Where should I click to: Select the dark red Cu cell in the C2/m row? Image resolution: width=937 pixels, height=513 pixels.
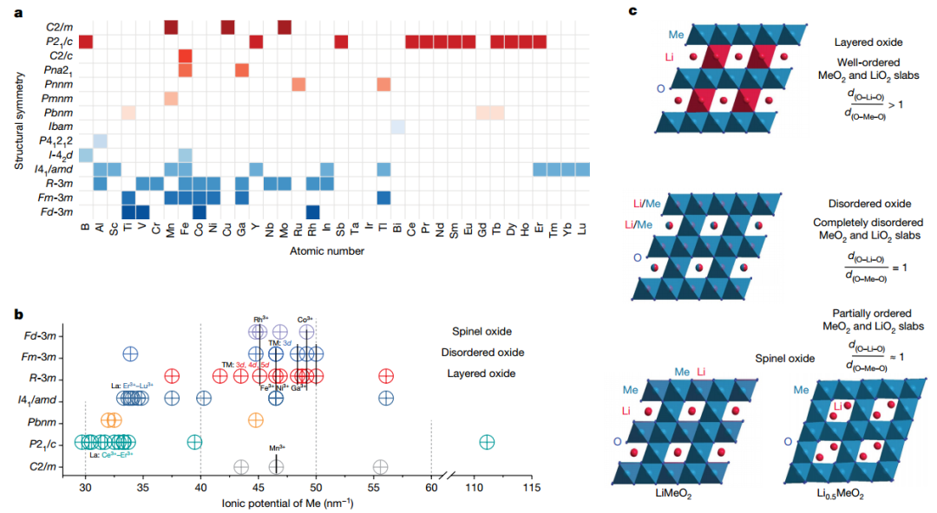pos(227,27)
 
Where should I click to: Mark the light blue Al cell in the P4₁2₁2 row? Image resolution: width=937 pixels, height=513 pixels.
pos(100,140)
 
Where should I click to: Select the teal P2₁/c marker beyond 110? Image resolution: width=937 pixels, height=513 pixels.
pos(487,442)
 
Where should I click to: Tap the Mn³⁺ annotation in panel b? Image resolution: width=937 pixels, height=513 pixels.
pos(277,449)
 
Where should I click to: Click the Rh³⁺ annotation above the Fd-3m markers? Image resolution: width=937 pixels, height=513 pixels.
pos(259,319)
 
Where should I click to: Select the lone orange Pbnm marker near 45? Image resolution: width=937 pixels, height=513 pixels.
pos(256,420)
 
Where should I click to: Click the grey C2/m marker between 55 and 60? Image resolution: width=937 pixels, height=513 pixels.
pos(380,466)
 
